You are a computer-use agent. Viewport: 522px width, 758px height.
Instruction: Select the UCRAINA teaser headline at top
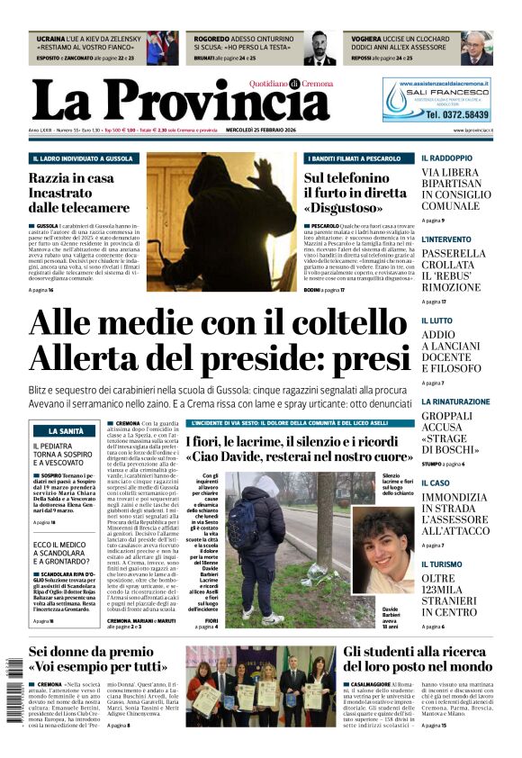pos(90,41)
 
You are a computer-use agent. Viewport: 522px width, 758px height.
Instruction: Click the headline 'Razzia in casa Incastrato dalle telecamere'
pos(73,192)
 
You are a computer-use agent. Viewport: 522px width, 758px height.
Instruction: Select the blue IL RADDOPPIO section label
pos(446,158)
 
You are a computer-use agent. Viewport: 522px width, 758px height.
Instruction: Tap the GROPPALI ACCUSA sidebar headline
pos(459,433)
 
